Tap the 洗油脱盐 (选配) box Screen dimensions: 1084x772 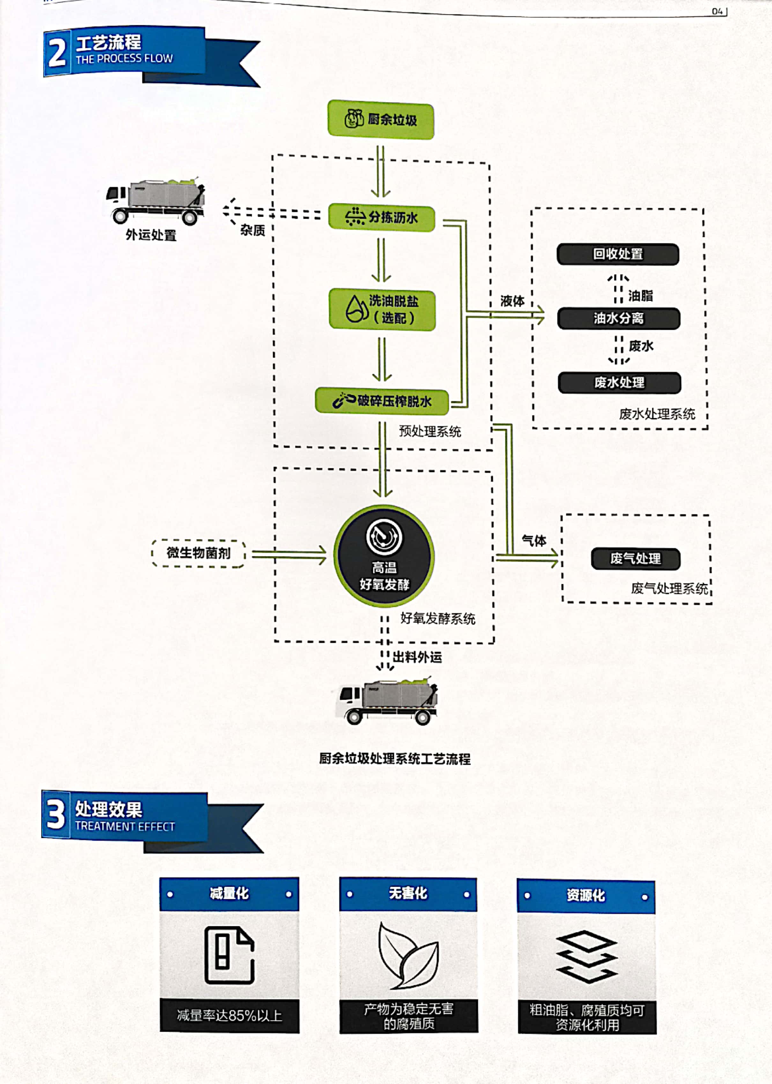382,309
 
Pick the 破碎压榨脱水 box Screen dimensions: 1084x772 382,401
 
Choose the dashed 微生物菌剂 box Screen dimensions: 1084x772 198,553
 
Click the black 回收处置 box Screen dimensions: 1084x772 618,254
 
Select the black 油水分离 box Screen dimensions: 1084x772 619,318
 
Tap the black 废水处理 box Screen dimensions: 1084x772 620,382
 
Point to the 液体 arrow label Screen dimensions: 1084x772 512,301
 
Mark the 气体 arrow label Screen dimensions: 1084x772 534,540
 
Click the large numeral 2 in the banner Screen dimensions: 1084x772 57,52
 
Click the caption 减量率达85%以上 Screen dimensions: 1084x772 230,1015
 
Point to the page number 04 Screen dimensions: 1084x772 717,11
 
